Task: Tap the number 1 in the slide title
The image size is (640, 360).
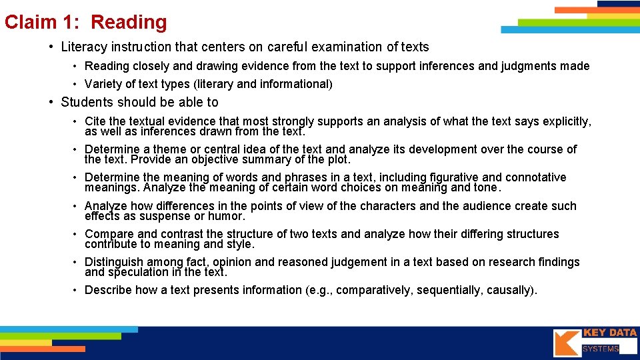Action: click(x=72, y=22)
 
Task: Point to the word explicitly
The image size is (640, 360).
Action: click(x=564, y=121)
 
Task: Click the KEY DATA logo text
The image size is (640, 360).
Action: click(x=609, y=333)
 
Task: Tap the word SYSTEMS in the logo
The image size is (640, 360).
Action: click(x=601, y=349)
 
